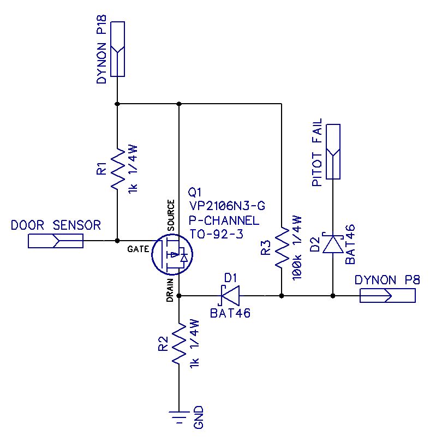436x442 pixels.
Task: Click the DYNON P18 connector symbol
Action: [117, 49]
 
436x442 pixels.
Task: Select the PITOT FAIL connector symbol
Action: [333, 151]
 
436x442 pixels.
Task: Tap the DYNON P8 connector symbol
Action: [387, 296]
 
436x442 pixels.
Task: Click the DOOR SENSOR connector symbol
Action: [55, 241]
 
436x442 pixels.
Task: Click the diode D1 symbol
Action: [230, 296]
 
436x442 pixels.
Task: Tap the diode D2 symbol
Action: [333, 244]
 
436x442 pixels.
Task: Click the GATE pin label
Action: [139, 249]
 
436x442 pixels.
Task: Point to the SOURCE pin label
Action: [170, 216]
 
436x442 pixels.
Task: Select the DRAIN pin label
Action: [170, 290]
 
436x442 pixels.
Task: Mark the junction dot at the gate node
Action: [117, 241]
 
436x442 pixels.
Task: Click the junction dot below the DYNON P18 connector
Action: [117, 104]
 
